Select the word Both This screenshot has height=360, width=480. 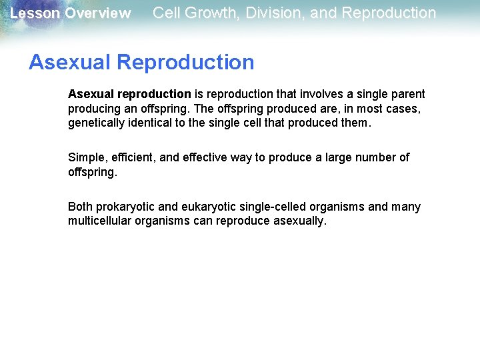click(80, 207)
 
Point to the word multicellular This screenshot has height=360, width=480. click(98, 221)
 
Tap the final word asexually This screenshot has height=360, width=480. click(300, 221)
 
